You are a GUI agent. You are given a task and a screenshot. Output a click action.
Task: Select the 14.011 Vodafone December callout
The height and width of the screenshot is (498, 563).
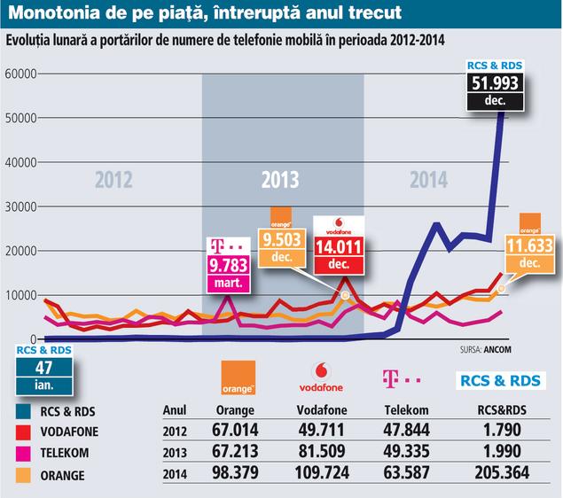pyautogui.click(x=340, y=246)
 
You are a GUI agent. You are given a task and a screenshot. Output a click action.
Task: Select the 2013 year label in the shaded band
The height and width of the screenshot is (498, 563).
pyautogui.click(x=280, y=181)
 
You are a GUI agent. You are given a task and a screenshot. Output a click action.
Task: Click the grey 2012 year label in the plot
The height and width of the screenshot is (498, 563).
pyautogui.click(x=113, y=181)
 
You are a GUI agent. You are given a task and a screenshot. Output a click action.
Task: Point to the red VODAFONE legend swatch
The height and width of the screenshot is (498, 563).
pyautogui.click(x=20, y=432)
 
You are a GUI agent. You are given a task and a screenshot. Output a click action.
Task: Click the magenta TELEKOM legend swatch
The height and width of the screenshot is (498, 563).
pyautogui.click(x=20, y=454)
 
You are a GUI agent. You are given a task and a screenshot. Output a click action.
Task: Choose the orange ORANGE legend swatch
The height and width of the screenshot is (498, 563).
pyautogui.click(x=20, y=476)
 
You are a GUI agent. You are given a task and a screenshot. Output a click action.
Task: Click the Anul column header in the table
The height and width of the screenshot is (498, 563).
pyautogui.click(x=176, y=410)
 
